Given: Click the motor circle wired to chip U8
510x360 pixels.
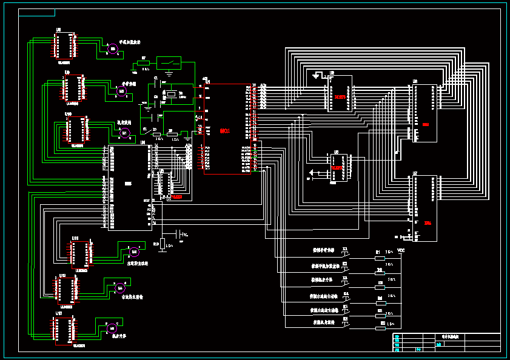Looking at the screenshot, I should [113, 49].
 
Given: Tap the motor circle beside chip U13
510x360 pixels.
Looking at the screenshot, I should [112, 328].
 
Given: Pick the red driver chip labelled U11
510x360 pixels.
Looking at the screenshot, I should [81, 253].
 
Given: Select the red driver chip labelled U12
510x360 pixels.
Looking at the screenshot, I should [67, 290].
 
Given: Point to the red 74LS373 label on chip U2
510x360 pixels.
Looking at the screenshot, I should [340, 96].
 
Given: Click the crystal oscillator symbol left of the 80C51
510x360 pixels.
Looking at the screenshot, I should [172, 94].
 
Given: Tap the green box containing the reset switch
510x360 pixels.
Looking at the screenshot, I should [169, 62].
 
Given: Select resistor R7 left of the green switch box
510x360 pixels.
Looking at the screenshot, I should [144, 62].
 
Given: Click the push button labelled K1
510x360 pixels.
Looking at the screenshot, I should [344, 251].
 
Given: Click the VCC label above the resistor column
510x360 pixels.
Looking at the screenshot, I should [401, 250].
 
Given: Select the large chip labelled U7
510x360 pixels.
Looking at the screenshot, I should [425, 208].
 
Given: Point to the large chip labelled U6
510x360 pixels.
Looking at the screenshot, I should [424, 113].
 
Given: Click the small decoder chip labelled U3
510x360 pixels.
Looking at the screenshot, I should [338, 168].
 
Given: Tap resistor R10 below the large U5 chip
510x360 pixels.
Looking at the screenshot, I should [162, 244].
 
